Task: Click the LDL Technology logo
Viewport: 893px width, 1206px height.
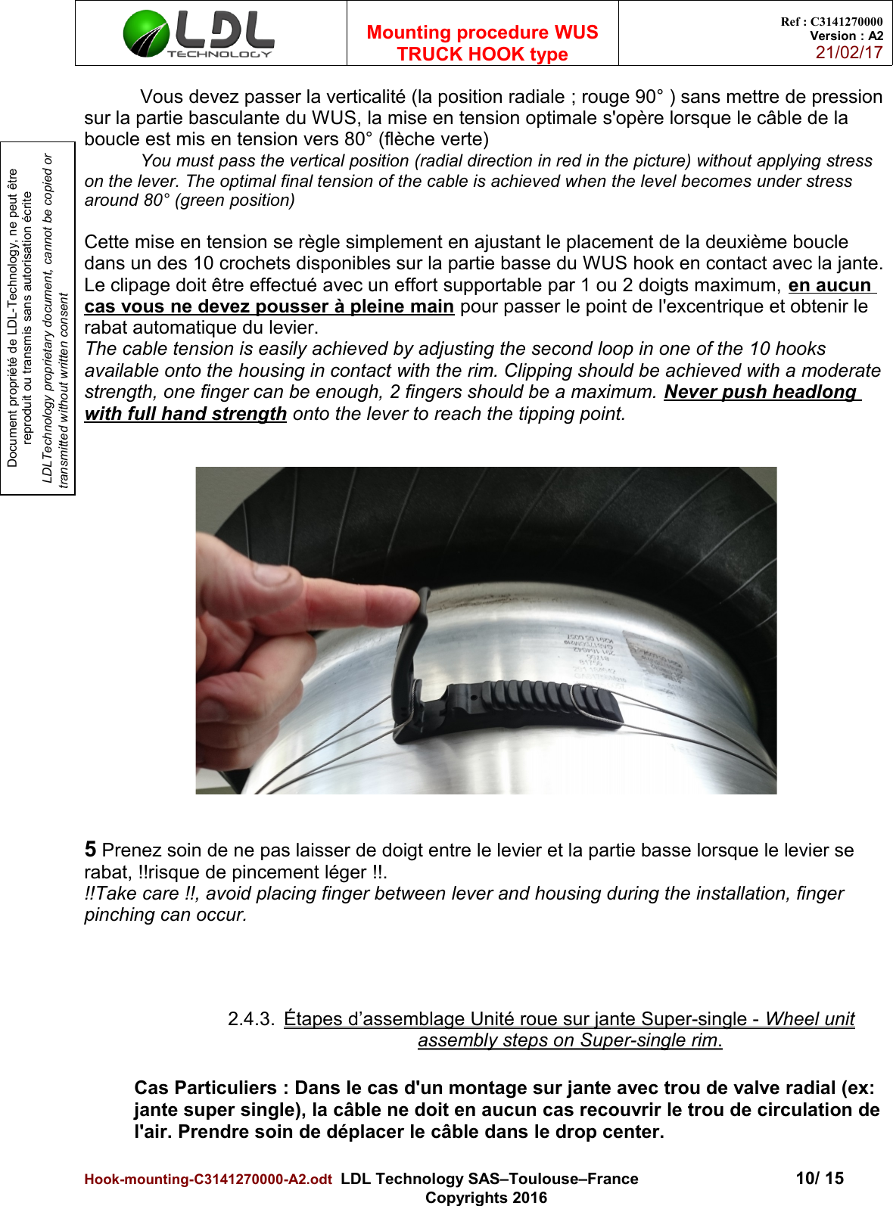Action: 199,34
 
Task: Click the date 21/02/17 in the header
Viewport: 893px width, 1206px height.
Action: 849,53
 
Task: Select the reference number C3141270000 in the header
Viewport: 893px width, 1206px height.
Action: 846,22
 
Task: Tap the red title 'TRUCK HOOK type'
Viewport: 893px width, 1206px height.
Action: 482,54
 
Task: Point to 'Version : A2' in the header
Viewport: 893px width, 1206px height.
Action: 846,36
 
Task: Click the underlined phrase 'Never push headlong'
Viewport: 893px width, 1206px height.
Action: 760,392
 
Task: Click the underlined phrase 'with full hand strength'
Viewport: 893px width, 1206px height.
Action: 185,414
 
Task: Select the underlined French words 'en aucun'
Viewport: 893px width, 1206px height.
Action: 830,285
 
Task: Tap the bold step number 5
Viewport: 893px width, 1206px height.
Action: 90,850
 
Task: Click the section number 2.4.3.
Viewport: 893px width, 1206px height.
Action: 250,1019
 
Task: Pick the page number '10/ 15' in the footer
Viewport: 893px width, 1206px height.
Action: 820,1178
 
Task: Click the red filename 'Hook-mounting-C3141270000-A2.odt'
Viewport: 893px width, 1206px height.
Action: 208,1180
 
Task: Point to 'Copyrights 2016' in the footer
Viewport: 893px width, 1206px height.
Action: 486,1198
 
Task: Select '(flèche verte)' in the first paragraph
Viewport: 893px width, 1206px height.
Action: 434,139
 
